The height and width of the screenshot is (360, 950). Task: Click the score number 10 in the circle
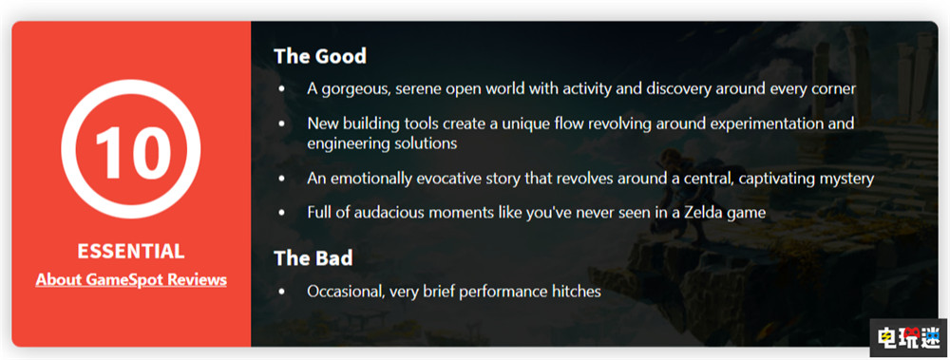tap(131, 149)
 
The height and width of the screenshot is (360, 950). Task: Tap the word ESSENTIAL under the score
tap(131, 252)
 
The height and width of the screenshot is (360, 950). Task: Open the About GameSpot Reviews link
tap(131, 280)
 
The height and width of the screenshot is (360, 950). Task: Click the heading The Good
tap(320, 56)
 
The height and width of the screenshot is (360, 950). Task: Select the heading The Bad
tap(313, 258)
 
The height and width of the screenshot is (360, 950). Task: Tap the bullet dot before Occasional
tap(281, 293)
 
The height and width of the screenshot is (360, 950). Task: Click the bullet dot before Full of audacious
tap(281, 214)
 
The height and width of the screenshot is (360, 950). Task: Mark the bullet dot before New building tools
tap(281, 124)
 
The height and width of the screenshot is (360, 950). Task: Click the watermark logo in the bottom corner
tap(908, 337)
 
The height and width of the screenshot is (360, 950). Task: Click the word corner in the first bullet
tap(836, 89)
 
